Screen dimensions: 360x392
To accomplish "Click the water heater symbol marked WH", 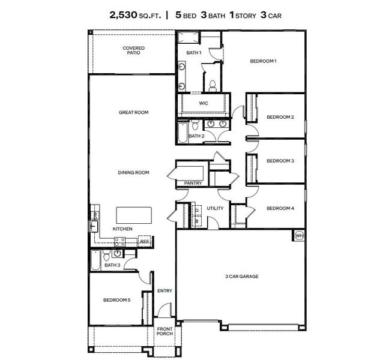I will (x=299, y=236).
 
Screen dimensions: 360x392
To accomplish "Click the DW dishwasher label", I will (x=94, y=215).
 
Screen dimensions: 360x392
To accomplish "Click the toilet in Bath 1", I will (x=212, y=83).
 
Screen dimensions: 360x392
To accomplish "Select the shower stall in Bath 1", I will (x=187, y=39).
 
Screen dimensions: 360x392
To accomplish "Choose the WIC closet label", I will (x=204, y=103).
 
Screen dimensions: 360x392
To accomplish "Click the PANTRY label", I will (x=193, y=184).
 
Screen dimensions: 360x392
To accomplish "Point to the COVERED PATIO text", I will (x=133, y=50).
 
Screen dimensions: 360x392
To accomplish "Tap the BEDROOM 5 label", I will (x=116, y=300).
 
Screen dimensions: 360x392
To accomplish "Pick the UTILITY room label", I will (x=215, y=209).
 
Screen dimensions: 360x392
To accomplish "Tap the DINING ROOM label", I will (x=133, y=173).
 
